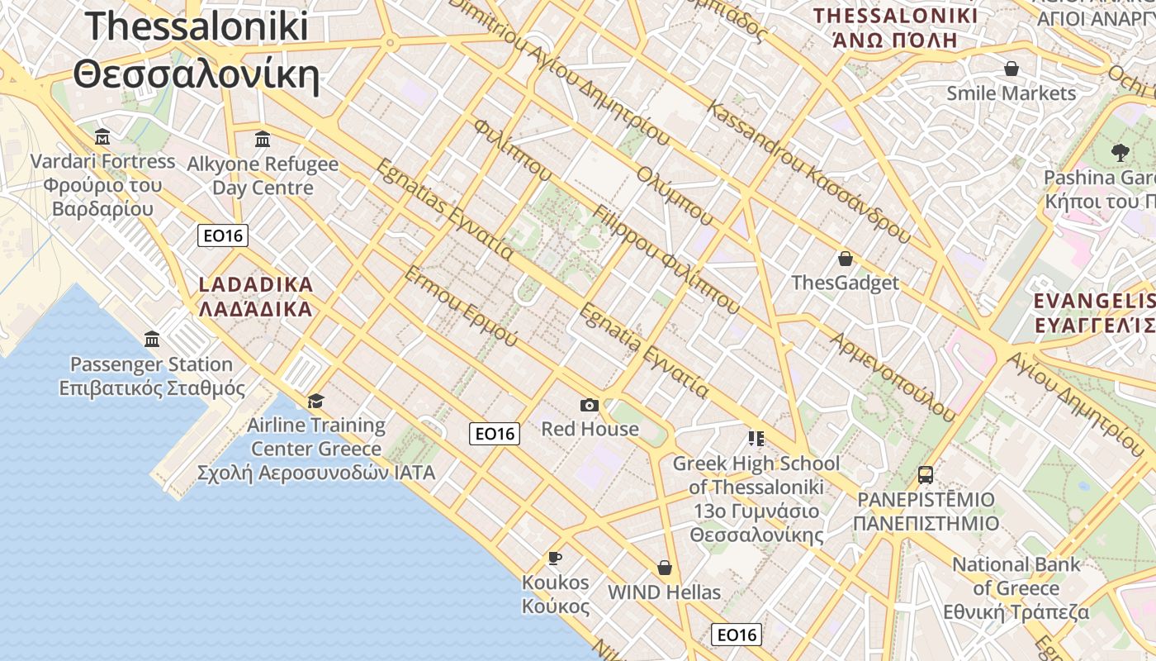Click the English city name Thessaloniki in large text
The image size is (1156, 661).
point(197,26)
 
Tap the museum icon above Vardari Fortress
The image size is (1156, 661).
point(102,136)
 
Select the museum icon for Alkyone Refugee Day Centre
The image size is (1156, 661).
point(263,139)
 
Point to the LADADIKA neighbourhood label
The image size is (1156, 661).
point(256,285)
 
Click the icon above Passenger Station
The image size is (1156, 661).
point(152,339)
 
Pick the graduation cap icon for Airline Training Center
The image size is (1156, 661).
point(315,402)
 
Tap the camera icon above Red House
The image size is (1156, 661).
point(589,405)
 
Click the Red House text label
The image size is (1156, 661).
point(590,429)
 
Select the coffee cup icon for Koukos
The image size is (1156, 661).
point(555,559)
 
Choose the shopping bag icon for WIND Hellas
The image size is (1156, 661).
point(665,568)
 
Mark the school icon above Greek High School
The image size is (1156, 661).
point(756,438)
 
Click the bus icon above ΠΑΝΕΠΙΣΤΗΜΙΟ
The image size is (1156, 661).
point(926,475)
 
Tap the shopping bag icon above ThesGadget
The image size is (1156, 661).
point(845,259)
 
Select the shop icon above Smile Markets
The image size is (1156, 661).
point(1011,69)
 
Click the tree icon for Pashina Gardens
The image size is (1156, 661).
point(1120,152)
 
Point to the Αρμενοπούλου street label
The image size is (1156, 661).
point(893,377)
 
